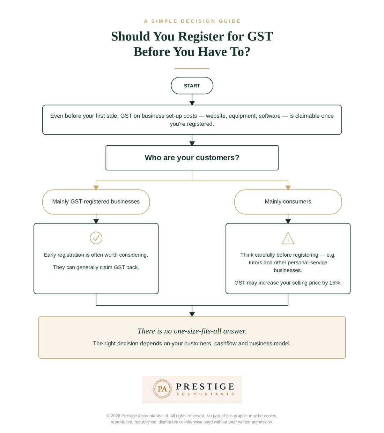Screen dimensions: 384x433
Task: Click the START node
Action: tap(192, 86)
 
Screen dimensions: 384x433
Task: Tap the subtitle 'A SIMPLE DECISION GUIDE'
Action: tap(192, 21)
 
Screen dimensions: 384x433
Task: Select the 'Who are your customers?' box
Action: tap(192, 158)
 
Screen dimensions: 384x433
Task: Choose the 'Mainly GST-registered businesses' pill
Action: tap(96, 202)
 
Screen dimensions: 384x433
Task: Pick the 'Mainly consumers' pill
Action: tap(288, 202)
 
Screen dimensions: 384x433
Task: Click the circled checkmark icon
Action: tap(96, 238)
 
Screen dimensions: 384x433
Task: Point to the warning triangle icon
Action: tap(288, 238)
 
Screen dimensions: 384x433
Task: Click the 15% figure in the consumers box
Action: tap(335, 283)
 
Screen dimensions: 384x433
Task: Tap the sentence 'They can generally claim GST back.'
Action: tap(96, 267)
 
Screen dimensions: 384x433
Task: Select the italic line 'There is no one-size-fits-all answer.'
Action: tap(192, 331)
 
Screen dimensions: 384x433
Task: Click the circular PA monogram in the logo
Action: tap(162, 389)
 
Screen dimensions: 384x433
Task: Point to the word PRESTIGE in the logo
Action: tap(205, 387)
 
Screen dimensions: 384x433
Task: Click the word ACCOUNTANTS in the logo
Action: tap(205, 394)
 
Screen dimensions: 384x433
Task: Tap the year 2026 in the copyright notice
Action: tap(116, 416)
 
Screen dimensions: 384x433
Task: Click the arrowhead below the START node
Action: tap(192, 103)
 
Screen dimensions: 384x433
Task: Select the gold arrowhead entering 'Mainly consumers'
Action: tap(288, 188)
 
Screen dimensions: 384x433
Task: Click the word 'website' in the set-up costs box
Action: tap(216, 116)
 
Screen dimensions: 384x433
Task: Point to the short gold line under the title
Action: tap(192, 68)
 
